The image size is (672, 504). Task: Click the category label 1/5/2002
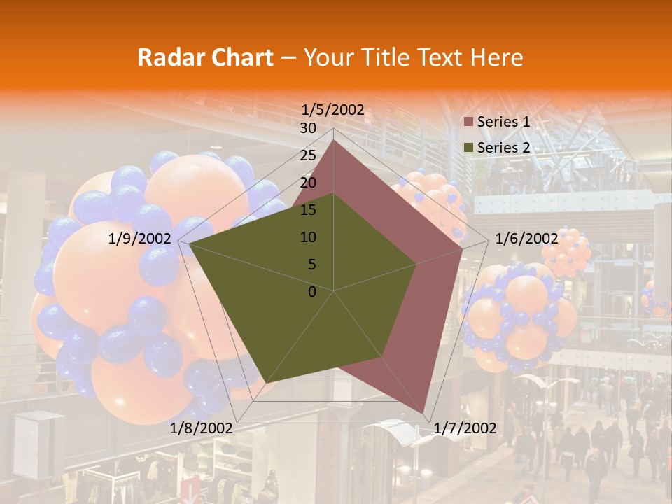333,109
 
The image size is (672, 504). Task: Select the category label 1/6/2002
526,239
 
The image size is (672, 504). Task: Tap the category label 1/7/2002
465,428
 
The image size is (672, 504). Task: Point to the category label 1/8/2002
202,428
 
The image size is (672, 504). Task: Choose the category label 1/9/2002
140,239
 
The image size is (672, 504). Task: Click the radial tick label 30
308,128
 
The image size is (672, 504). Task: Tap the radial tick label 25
308,155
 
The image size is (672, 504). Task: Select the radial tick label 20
308,183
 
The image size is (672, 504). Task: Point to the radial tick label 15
308,210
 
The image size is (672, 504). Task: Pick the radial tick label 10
308,237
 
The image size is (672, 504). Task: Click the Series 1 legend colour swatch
469,122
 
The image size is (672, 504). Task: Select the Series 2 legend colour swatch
469,148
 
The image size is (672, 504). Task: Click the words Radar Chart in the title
205,57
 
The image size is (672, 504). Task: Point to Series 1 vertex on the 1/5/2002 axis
333,141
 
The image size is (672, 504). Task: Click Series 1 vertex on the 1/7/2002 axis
424,413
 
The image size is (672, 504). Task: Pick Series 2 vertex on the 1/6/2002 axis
416,264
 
